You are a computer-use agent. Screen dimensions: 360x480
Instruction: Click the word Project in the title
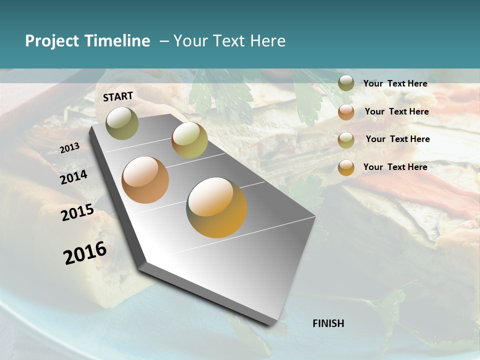[52, 41]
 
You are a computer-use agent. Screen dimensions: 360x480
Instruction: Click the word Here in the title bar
[267, 41]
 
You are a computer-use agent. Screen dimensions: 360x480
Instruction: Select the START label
[118, 96]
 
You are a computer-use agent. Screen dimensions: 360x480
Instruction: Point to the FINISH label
[328, 323]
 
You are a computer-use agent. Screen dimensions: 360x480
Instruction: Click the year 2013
[69, 148]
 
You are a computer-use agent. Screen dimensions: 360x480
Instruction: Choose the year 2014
[73, 177]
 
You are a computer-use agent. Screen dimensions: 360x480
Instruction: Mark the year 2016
[85, 253]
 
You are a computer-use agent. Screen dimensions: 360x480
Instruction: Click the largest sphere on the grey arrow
[216, 207]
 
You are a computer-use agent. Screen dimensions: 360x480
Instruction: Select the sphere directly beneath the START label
[122, 123]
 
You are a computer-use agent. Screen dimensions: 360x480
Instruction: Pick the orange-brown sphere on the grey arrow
[145, 179]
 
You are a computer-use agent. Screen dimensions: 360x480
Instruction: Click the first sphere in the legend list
[346, 83]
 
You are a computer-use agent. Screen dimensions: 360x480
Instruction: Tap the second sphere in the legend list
[346, 111]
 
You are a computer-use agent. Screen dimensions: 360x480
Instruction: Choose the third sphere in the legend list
[346, 139]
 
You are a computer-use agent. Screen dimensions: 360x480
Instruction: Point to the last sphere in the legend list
[346, 167]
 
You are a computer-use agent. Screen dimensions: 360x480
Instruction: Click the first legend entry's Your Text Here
[395, 83]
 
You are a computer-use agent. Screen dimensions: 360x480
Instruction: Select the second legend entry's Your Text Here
[396, 111]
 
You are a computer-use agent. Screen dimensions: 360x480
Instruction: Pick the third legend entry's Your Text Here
[397, 139]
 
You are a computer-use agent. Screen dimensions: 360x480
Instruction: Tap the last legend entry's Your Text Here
[395, 167]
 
